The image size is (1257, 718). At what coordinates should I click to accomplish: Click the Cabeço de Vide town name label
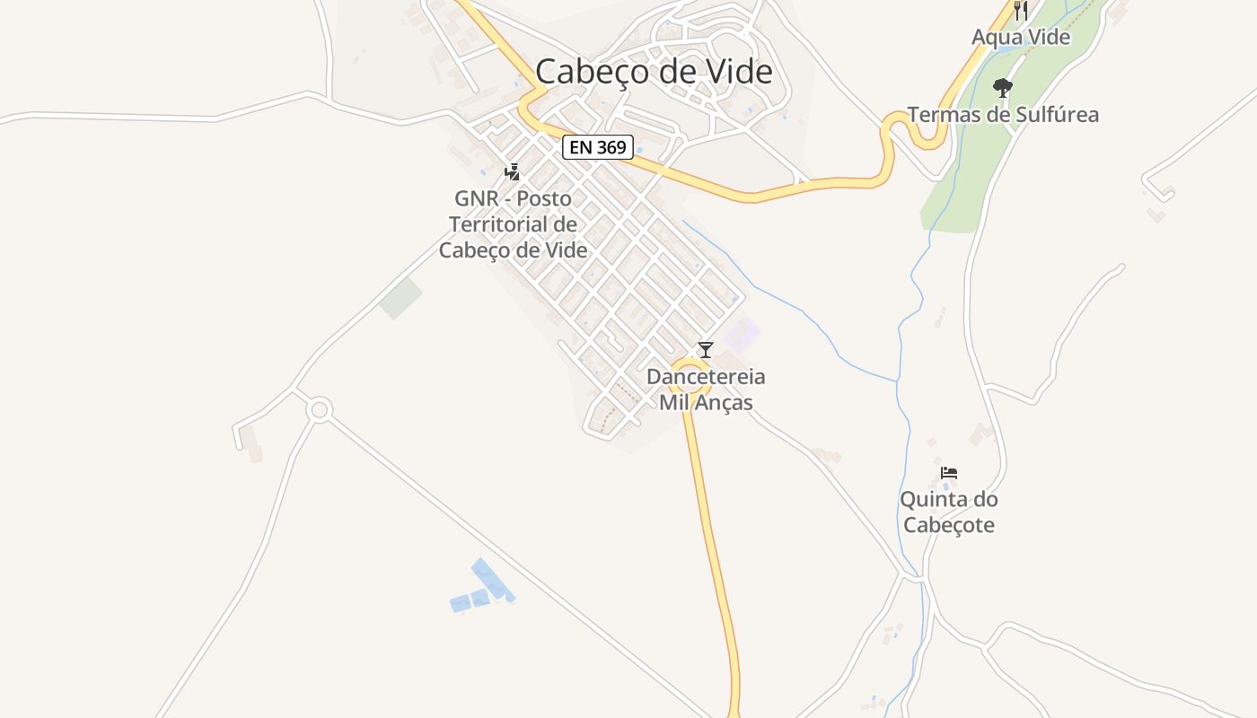[654, 71]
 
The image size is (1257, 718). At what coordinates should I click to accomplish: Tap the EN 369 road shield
[598, 147]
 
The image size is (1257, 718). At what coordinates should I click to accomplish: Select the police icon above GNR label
[513, 171]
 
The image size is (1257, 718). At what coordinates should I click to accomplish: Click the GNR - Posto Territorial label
[513, 223]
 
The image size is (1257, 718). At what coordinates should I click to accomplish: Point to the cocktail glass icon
[706, 350]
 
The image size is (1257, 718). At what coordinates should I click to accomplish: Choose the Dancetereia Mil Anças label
[706, 390]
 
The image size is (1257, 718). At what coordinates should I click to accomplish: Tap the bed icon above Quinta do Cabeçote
[949, 473]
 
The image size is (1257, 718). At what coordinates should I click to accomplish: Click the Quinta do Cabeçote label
[949, 512]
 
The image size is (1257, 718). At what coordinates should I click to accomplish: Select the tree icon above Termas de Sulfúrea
[1003, 88]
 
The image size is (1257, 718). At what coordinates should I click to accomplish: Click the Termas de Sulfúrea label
[1003, 115]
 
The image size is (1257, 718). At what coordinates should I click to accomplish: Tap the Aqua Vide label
[1021, 38]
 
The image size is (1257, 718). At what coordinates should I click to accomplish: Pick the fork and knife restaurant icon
[1021, 11]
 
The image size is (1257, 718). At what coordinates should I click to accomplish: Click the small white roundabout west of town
[319, 411]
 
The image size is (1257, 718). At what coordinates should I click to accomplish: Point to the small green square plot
[400, 298]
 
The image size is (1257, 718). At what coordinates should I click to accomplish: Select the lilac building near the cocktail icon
[742, 336]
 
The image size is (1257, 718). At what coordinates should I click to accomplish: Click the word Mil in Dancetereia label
[674, 402]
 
